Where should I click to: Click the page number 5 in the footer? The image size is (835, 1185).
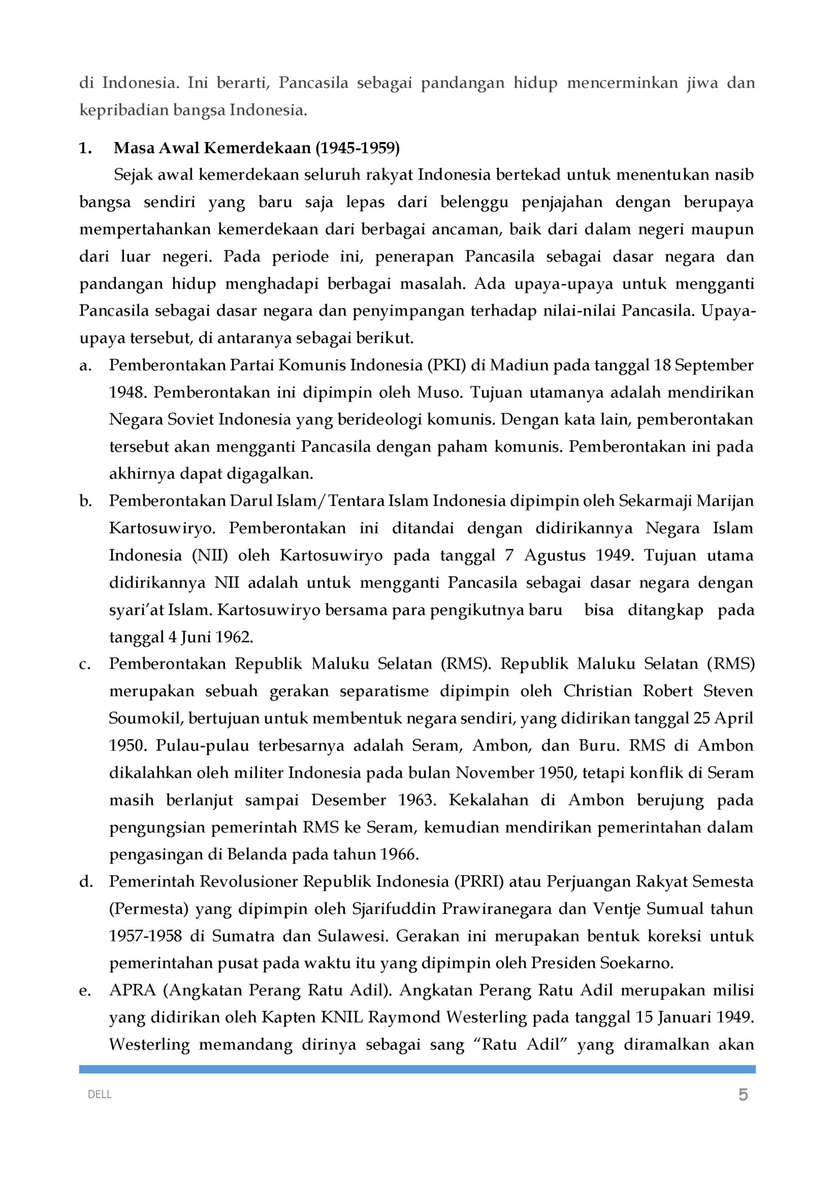pyautogui.click(x=743, y=1094)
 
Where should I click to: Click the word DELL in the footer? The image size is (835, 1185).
pyautogui.click(x=99, y=1094)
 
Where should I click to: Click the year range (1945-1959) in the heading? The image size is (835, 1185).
pyautogui.click(x=357, y=148)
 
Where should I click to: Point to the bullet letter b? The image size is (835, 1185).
pyautogui.click(x=85, y=501)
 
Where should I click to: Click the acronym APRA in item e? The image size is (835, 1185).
pyautogui.click(x=132, y=990)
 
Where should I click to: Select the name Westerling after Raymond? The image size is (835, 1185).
pyautogui.click(x=486, y=1017)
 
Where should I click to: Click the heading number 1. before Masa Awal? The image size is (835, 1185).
pyautogui.click(x=85, y=148)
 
